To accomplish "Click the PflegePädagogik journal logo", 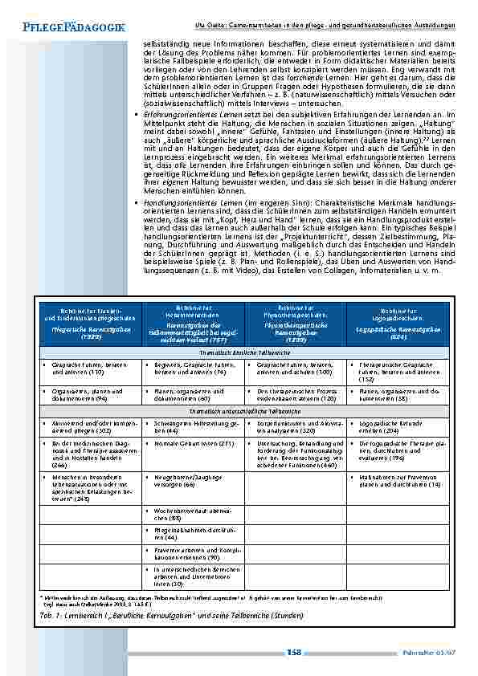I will point(69,28).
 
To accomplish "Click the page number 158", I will point(294,653).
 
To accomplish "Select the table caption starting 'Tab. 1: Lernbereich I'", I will point(170,616).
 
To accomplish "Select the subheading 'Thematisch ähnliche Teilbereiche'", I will point(243,352).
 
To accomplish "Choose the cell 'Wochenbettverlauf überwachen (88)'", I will point(192,515).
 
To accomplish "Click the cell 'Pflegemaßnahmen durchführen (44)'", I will point(192,534).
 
